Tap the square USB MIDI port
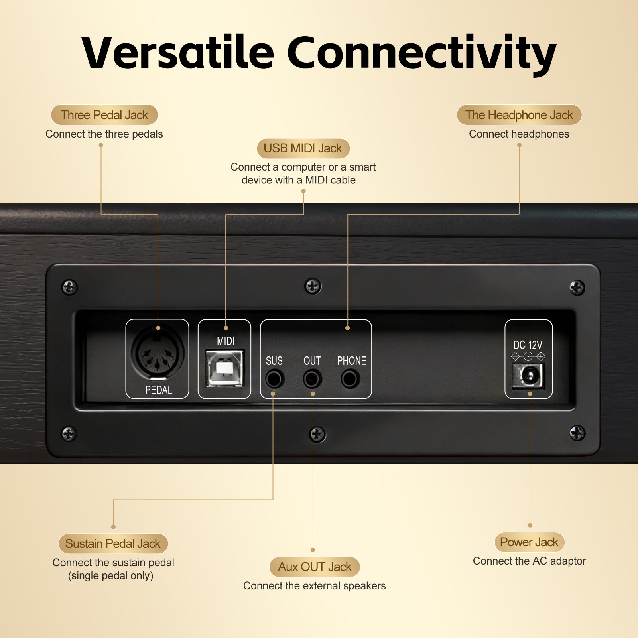click(x=224, y=368)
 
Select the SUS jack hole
click(x=274, y=379)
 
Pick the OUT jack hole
click(x=312, y=379)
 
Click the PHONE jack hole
click(x=350, y=379)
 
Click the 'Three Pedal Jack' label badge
click(x=104, y=115)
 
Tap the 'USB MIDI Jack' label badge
click(x=303, y=148)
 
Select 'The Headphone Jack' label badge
click(x=519, y=115)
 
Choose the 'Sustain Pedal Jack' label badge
click(x=113, y=543)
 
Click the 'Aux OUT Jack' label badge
click(x=315, y=567)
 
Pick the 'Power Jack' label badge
click(x=529, y=542)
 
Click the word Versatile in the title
click(x=178, y=53)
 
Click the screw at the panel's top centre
click(x=313, y=286)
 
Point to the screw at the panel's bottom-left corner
click(x=69, y=433)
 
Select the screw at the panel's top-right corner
click(x=577, y=287)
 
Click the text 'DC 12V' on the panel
click(x=528, y=345)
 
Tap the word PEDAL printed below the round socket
click(x=158, y=390)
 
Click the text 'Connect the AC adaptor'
click(x=529, y=561)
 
